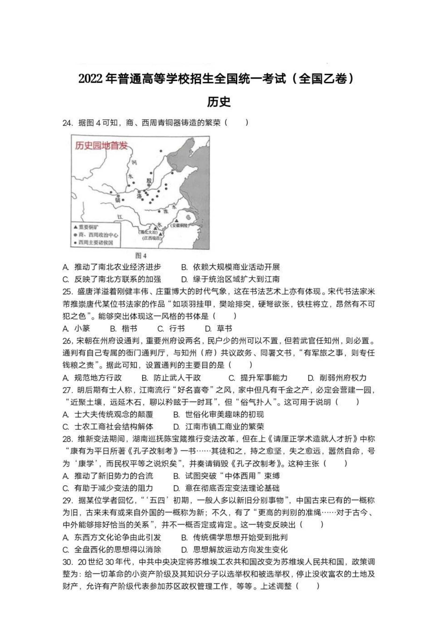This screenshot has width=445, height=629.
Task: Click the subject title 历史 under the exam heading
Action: pyautogui.click(x=219, y=102)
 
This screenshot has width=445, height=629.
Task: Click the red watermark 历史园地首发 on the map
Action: pyautogui.click(x=102, y=146)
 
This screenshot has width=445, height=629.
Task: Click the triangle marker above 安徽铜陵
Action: pyautogui.click(x=177, y=220)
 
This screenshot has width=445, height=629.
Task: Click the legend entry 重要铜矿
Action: pyautogui.click(x=86, y=227)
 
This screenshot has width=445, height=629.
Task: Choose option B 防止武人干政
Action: pyautogui.click(x=171, y=378)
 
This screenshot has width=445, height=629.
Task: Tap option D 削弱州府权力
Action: pyautogui.click(x=337, y=378)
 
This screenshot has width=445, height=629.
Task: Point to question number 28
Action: pyautogui.click(x=68, y=439)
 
